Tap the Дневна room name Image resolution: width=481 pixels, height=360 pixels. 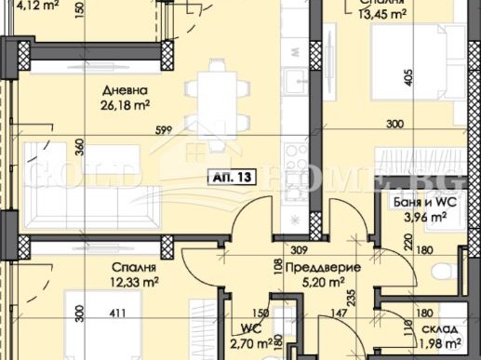[124, 91]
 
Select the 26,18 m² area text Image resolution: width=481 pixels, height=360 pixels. [123, 104]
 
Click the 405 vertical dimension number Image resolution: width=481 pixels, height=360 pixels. [409, 78]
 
